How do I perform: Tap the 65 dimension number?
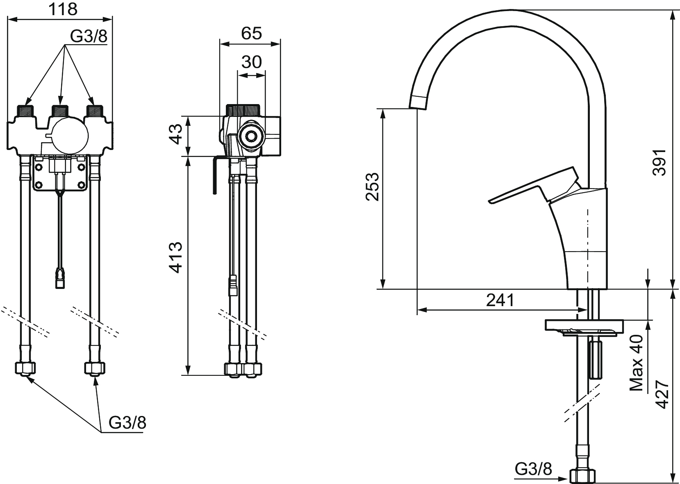point(251,33)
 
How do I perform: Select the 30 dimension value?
point(251,62)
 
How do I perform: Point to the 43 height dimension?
point(175,134)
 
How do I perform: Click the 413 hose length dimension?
point(175,257)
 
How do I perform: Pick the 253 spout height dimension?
point(372,186)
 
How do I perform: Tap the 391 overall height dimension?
point(659,162)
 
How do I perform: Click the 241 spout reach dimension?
point(500,300)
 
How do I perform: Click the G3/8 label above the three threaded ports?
point(89,37)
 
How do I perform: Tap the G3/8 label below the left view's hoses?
point(127,422)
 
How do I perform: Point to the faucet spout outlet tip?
point(418,104)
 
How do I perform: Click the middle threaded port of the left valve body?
point(60,111)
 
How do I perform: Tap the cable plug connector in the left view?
point(60,279)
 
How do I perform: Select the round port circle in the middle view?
point(251,136)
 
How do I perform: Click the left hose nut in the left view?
point(25,368)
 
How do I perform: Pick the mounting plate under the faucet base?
point(584,327)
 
